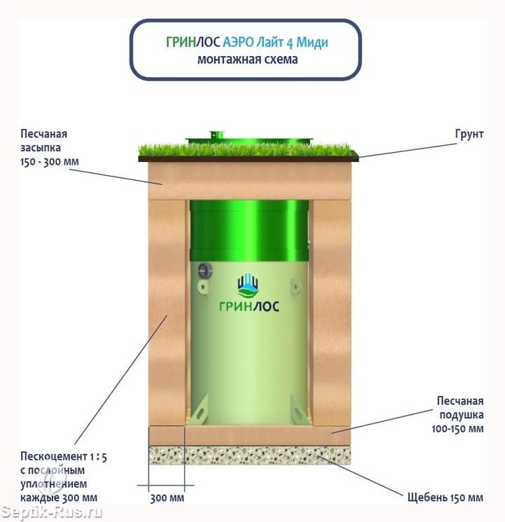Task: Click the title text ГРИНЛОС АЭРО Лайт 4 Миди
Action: pyautogui.click(x=247, y=42)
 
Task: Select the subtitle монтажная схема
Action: pyautogui.click(x=247, y=60)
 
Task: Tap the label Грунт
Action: pyautogui.click(x=469, y=134)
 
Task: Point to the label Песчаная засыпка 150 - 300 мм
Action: pyautogui.click(x=50, y=147)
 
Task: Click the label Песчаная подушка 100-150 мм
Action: pyautogui.click(x=458, y=415)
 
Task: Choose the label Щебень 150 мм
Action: pyautogui.click(x=445, y=497)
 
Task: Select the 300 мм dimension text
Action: pyautogui.click(x=167, y=498)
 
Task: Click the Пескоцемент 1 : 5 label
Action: pyautogui.click(x=64, y=457)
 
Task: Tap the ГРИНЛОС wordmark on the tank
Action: pyautogui.click(x=249, y=306)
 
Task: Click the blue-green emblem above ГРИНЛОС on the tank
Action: pyautogui.click(x=248, y=286)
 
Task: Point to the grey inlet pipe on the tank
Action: pyautogui.click(x=205, y=271)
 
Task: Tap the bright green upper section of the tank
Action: pyautogui.click(x=249, y=231)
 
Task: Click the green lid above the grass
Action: pyautogui.click(x=249, y=139)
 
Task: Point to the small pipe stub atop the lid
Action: pyautogui.click(x=216, y=135)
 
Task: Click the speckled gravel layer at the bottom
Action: pyautogui.click(x=249, y=455)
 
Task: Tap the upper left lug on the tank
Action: pyautogui.click(x=202, y=287)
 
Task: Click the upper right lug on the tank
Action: pyautogui.click(x=296, y=287)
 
